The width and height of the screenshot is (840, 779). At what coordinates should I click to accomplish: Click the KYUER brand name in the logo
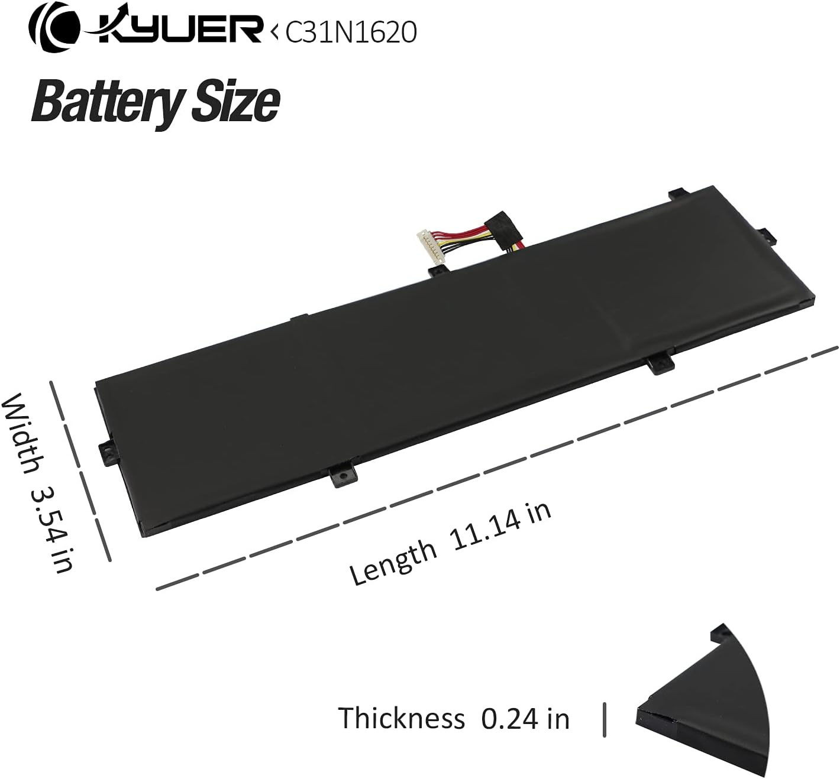pos(177,30)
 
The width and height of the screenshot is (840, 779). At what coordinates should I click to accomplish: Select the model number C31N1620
pos(351,33)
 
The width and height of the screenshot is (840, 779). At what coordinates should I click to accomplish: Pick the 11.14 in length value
pos(500,520)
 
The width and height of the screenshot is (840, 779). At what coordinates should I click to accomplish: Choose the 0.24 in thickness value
pos(525,719)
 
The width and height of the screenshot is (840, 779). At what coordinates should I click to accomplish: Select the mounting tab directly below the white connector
pos(437,271)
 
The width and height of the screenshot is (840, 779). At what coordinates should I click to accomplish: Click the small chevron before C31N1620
pos(274,33)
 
